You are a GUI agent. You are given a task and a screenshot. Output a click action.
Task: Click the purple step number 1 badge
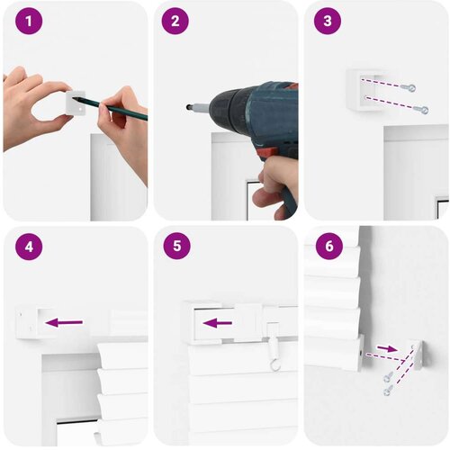(29, 21)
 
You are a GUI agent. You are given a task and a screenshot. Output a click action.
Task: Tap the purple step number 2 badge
(175, 21)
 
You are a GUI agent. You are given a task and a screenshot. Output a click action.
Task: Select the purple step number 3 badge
(328, 21)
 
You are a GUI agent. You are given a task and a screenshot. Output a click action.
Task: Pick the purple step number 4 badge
(29, 247)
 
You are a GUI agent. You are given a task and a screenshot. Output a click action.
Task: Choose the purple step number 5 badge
(177, 246)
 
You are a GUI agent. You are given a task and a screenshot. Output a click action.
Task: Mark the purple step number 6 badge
(329, 246)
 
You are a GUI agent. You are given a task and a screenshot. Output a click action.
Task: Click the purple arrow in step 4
(64, 322)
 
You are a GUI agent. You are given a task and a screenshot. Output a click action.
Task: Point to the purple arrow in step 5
(218, 323)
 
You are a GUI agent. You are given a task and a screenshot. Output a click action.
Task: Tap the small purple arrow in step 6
(387, 348)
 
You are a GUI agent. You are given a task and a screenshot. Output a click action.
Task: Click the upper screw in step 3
(409, 87)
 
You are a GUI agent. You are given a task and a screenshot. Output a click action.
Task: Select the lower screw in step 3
(421, 110)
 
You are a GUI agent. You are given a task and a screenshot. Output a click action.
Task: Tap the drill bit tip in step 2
(188, 106)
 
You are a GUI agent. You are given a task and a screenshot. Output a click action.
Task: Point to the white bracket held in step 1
(76, 103)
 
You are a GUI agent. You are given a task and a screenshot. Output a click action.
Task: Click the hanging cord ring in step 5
(274, 364)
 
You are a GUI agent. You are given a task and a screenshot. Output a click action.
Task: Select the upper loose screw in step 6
(387, 377)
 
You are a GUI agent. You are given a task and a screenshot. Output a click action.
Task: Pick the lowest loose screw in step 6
(387, 391)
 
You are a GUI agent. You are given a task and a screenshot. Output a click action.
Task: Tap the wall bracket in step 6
(415, 355)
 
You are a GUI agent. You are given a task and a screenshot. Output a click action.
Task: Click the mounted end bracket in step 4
(27, 322)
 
